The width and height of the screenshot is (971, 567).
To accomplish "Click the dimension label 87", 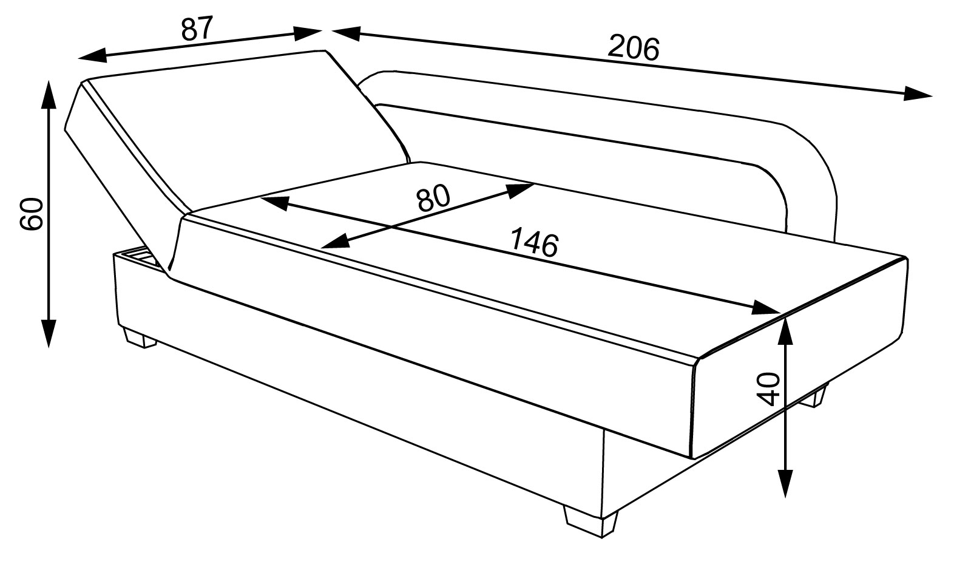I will click(198, 29).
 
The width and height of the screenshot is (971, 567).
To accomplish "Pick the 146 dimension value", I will click(533, 242).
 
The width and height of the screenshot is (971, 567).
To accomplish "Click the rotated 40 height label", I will click(768, 389).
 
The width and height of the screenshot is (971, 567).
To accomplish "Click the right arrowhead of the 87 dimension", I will click(308, 33).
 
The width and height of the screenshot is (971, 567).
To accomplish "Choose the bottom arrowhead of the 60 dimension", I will click(49, 334).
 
